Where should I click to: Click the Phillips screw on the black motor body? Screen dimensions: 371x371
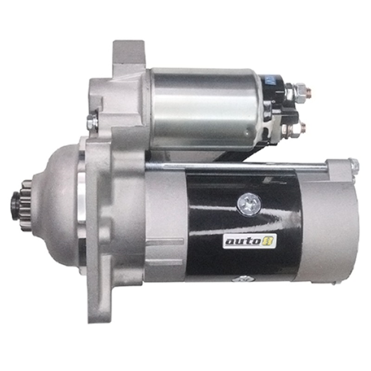point(249,204)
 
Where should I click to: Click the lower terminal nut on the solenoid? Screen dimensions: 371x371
point(299,126)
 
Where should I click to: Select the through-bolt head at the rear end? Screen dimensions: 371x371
point(354,164)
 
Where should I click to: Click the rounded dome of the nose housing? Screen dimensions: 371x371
point(58,204)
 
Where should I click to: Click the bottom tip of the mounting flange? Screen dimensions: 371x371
point(100,315)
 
